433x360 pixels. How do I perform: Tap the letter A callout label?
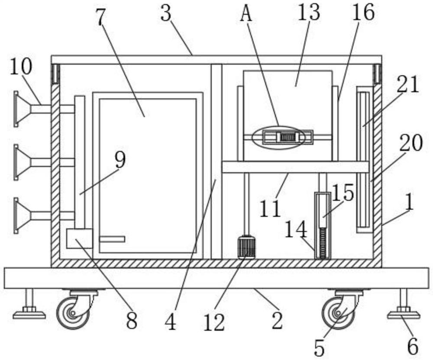(x=246, y=14)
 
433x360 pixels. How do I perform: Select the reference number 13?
(x=308, y=13)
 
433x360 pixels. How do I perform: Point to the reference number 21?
(x=407, y=85)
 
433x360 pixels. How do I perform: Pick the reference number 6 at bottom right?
(x=412, y=346)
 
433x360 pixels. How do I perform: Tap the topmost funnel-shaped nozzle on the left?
(x=23, y=109)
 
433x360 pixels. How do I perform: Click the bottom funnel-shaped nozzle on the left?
(x=23, y=215)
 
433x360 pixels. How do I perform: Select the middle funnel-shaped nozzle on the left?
(x=23, y=162)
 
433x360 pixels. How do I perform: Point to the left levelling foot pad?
(x=29, y=314)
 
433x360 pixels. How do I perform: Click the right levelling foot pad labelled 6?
(x=403, y=314)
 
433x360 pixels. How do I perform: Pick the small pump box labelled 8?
(x=79, y=238)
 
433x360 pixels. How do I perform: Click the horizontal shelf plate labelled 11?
(x=295, y=167)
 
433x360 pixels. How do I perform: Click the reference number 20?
(x=410, y=143)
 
